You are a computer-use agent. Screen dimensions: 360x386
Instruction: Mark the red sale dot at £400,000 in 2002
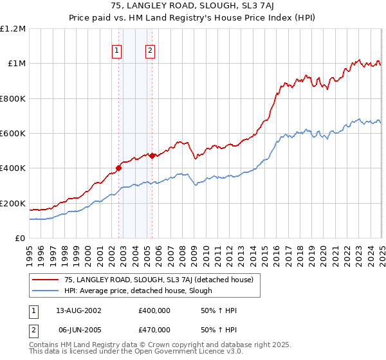pos(119,168)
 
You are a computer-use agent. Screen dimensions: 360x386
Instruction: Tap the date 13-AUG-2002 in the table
pos(79,310)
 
